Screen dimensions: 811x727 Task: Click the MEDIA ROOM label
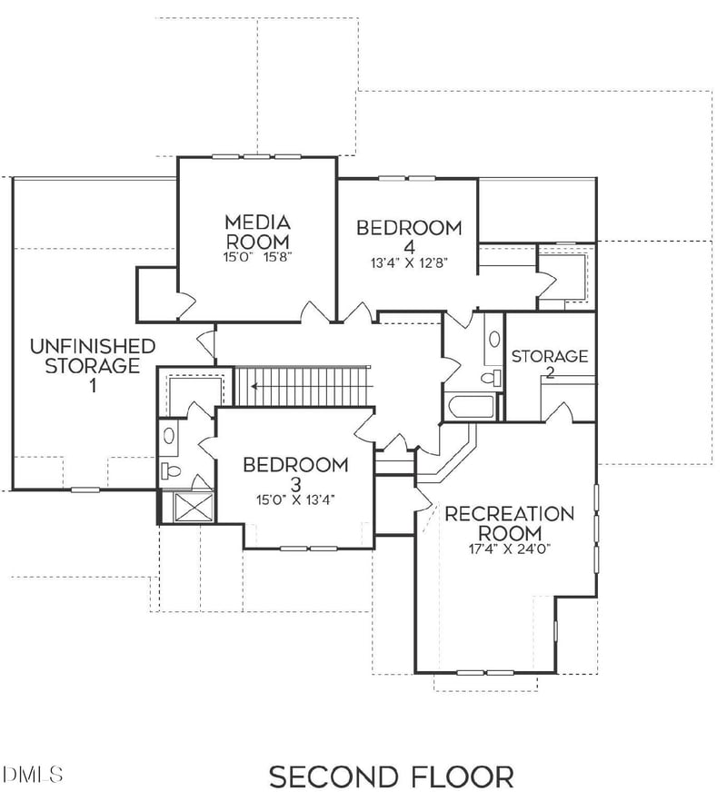point(257,232)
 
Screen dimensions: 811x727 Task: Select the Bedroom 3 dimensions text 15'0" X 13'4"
point(295,498)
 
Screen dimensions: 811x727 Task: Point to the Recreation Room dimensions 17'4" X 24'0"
point(509,549)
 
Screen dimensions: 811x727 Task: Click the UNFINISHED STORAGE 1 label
point(92,365)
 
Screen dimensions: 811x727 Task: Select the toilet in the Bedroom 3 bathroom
point(172,470)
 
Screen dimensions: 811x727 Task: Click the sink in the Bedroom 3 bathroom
point(170,436)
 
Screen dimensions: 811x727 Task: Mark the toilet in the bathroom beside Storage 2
point(492,376)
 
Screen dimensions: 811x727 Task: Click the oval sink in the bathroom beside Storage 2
point(493,340)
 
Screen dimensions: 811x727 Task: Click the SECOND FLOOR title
point(391,777)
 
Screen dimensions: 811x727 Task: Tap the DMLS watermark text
point(33,775)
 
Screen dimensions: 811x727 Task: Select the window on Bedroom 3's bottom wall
point(308,549)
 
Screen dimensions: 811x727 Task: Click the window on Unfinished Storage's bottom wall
point(85,490)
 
